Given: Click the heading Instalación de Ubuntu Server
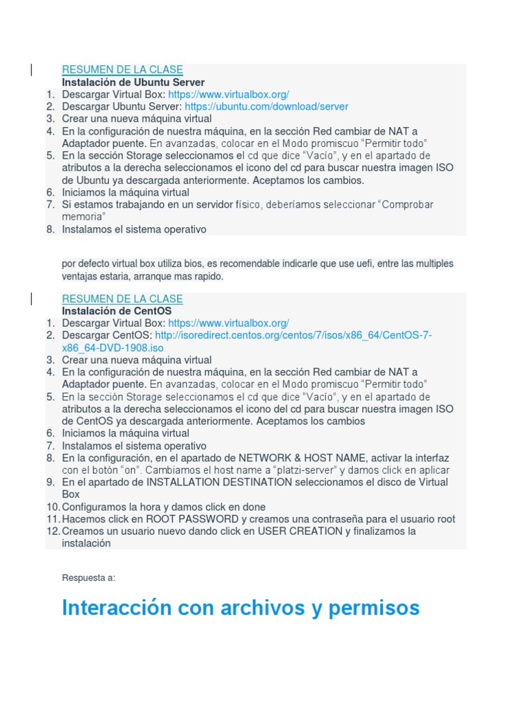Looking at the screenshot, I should tap(133, 82).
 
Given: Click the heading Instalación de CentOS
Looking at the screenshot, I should tap(117, 311).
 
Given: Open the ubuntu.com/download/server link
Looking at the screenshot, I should tap(266, 107).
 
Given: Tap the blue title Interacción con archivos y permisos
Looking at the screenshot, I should tap(240, 608).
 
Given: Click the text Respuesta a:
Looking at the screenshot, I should tap(89, 577).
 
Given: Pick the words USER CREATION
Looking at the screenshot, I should tap(300, 531).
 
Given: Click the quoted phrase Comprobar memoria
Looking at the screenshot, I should tap(406, 205).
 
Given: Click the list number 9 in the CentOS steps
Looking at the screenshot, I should tap(50, 482).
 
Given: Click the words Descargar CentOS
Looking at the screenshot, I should tap(107, 335).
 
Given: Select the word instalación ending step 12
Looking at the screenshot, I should tap(86, 543).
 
